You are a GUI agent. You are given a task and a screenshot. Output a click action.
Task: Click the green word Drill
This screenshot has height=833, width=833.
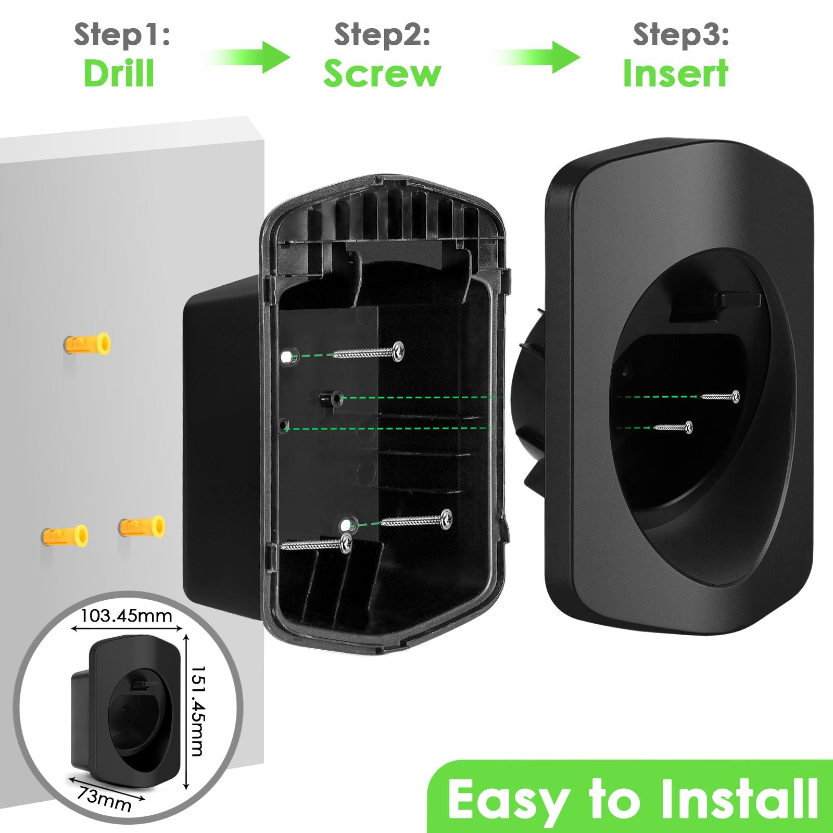pyautogui.click(x=119, y=73)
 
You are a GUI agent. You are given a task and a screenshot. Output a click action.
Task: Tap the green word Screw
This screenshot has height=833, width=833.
pyautogui.click(x=382, y=73)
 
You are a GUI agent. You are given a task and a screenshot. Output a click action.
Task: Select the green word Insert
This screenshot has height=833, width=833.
pyautogui.click(x=675, y=73)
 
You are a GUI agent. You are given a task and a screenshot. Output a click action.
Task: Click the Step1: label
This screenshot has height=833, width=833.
pyautogui.click(x=122, y=35)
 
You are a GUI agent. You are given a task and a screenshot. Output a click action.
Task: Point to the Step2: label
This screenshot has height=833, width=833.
pyautogui.click(x=382, y=35)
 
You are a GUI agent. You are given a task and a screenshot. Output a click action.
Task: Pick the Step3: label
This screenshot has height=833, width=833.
pyautogui.click(x=680, y=35)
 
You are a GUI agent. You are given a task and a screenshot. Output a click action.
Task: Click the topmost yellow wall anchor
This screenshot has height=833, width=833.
pyautogui.click(x=87, y=344)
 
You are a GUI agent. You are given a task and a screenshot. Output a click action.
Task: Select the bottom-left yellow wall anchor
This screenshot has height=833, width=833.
pyautogui.click(x=65, y=535)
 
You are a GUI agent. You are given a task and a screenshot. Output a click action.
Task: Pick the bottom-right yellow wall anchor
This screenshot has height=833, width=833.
pyautogui.click(x=142, y=526)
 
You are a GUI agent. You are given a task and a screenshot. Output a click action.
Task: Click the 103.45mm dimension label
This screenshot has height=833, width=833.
pyautogui.click(x=126, y=616)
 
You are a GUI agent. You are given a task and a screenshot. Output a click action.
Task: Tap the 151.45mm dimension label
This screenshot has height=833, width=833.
pyautogui.click(x=197, y=711)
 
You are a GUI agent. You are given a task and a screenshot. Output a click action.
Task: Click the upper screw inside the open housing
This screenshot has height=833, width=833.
pyautogui.click(x=367, y=353)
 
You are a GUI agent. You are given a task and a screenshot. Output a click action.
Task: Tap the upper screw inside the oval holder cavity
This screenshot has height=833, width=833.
pyautogui.click(x=720, y=397)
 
